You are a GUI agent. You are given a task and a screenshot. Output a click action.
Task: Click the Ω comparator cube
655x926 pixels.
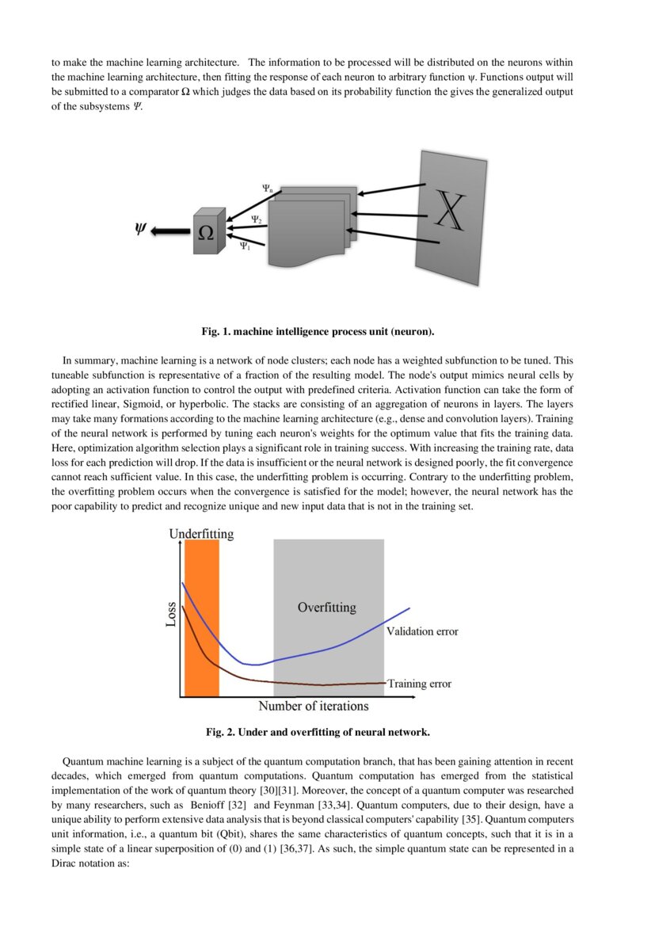pos(205,232)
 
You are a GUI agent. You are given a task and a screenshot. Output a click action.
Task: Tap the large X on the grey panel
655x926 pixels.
pos(448,211)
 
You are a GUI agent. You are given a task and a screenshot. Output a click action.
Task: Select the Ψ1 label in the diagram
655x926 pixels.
pos(246,246)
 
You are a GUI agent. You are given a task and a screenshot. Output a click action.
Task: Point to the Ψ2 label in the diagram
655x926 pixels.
pos(256,219)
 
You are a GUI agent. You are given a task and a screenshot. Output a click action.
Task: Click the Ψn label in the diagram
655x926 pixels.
pos(268,189)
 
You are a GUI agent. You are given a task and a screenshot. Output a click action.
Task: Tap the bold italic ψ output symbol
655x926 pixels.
pos(141,230)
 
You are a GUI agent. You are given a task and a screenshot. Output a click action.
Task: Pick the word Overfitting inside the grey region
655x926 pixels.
pos(326,608)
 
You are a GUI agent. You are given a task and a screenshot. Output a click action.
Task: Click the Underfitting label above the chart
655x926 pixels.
pos(201,534)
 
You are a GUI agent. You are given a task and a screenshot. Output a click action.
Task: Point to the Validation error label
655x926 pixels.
pos(422,631)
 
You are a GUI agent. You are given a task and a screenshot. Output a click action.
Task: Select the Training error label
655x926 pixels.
pos(419,684)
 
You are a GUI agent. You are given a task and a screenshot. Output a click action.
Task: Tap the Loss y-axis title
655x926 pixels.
pos(170,614)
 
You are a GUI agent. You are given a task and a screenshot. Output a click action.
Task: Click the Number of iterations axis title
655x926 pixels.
pos(313,706)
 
